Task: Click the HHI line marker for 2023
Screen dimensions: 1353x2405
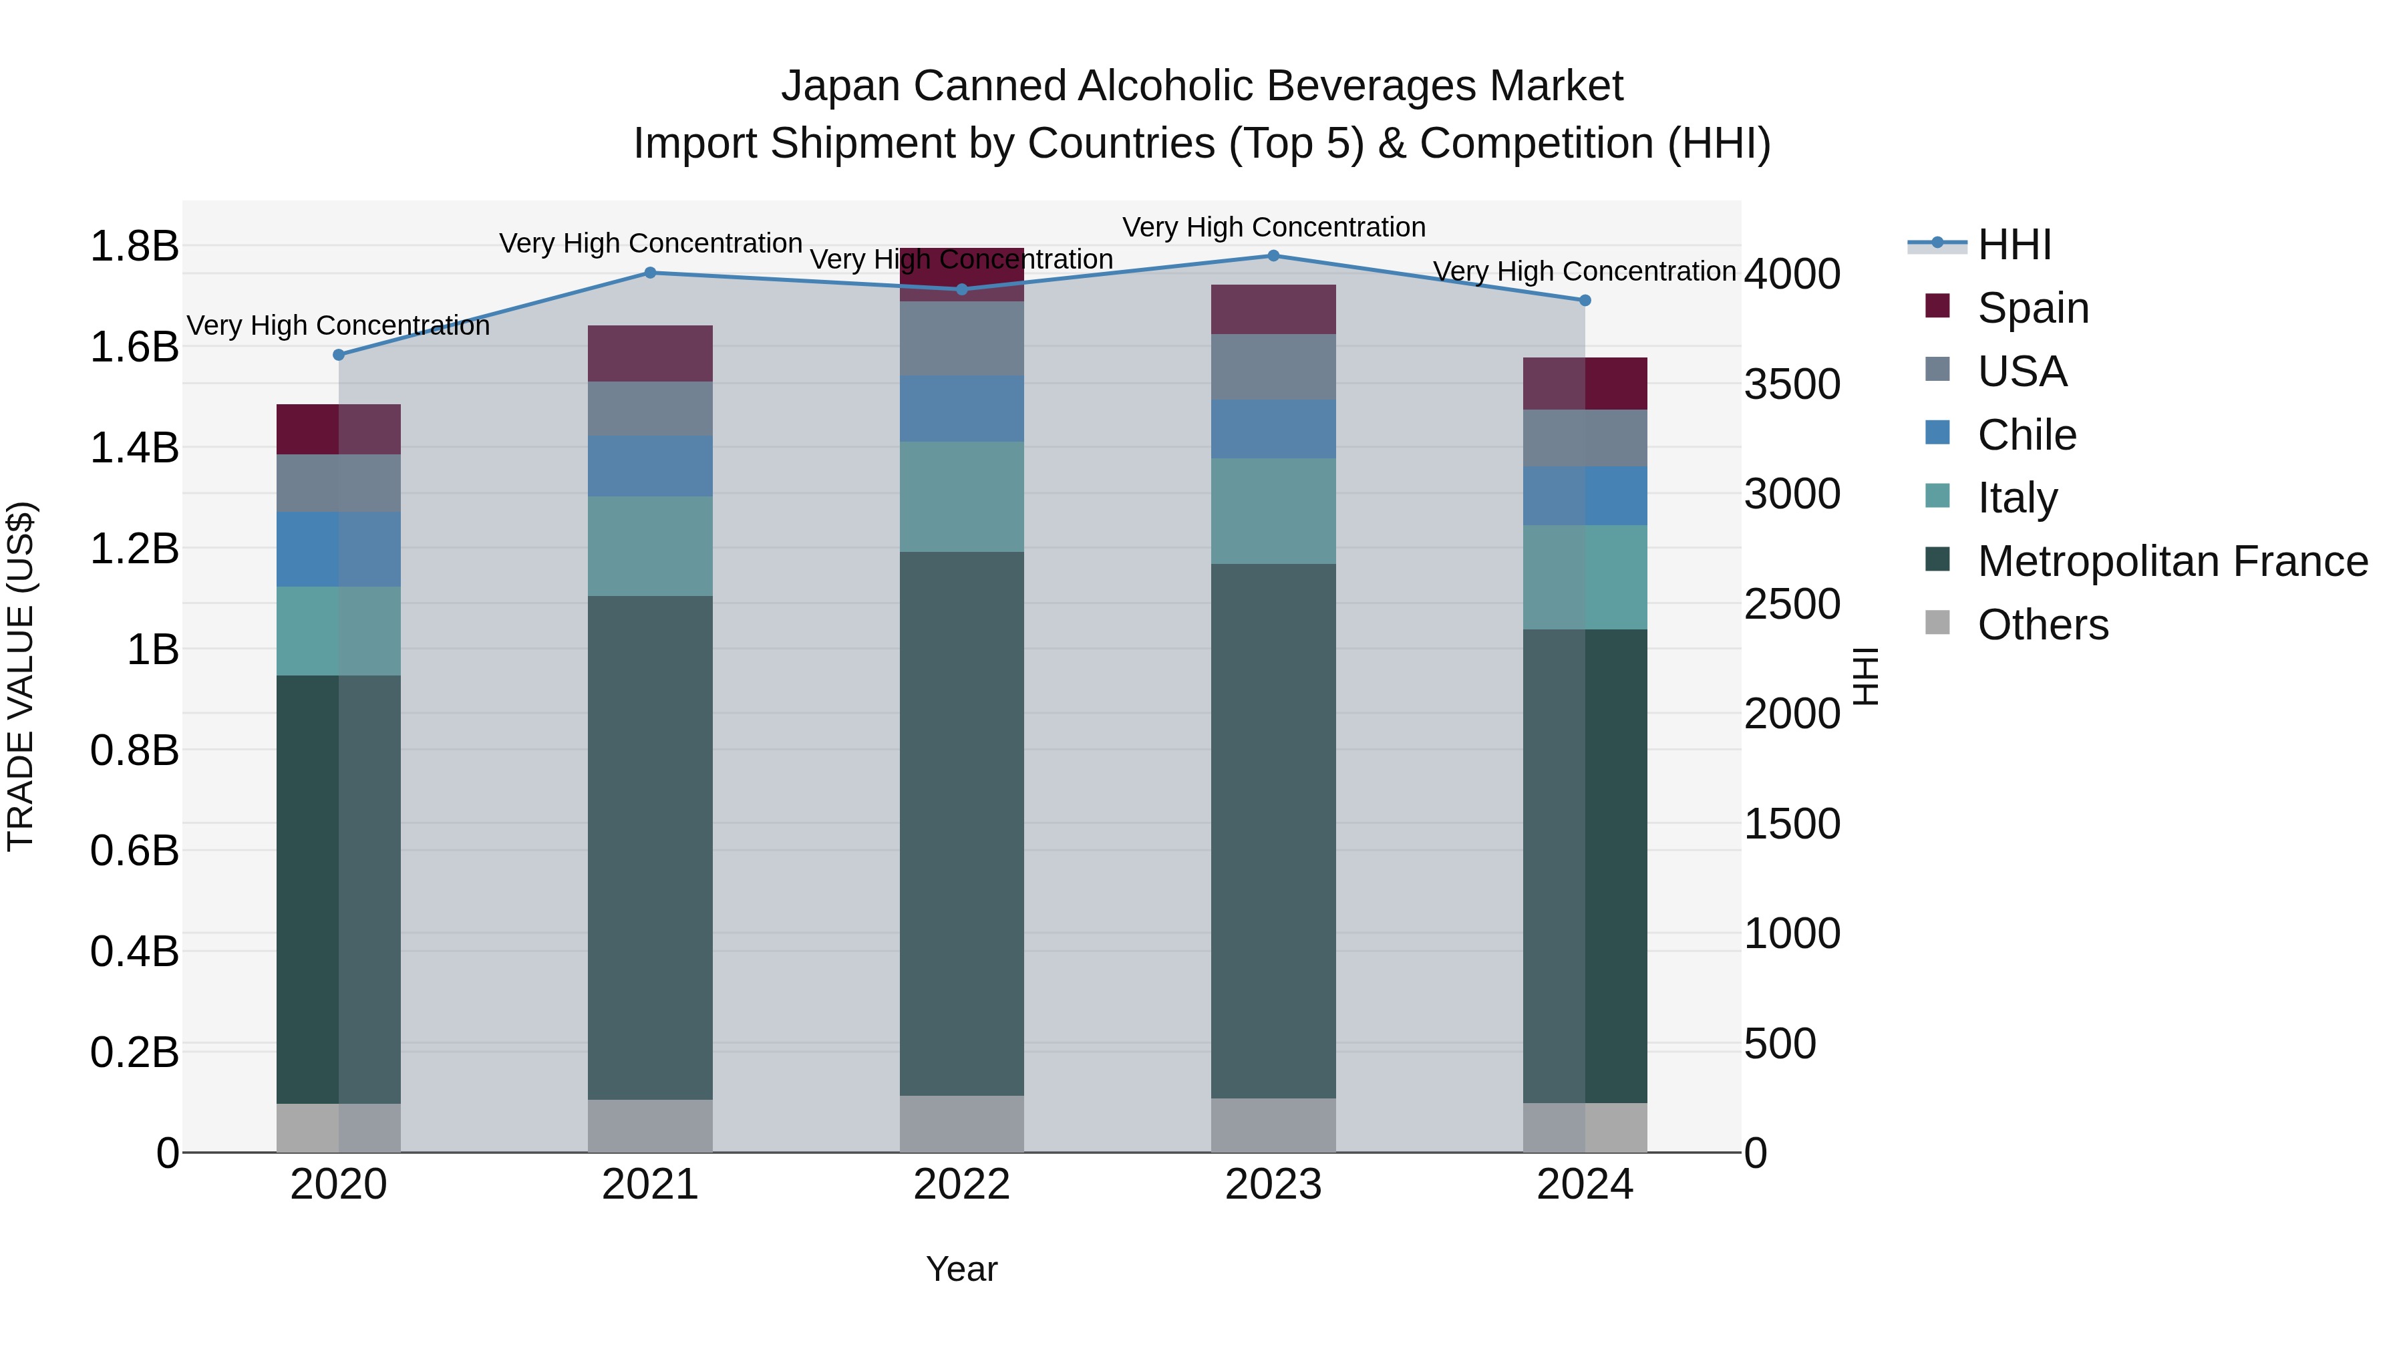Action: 1273,256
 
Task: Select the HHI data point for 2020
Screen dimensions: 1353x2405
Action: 339,355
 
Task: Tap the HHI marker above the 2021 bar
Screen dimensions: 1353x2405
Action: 651,273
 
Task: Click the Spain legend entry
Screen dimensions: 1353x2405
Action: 2032,308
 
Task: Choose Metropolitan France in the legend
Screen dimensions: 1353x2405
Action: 2172,561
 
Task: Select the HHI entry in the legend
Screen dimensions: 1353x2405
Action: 2014,245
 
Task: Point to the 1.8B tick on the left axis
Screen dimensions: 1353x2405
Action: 134,247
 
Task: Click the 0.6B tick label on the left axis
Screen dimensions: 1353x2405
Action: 134,851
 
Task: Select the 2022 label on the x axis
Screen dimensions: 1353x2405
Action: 961,1185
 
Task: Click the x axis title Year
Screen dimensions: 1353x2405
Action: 961,1269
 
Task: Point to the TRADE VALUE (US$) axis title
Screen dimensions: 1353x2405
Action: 21,676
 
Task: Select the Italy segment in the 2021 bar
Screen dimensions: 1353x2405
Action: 651,547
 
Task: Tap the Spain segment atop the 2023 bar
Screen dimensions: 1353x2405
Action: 1273,309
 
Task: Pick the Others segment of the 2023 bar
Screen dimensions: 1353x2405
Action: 1273,1125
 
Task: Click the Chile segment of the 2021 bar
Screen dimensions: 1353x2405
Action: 651,466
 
